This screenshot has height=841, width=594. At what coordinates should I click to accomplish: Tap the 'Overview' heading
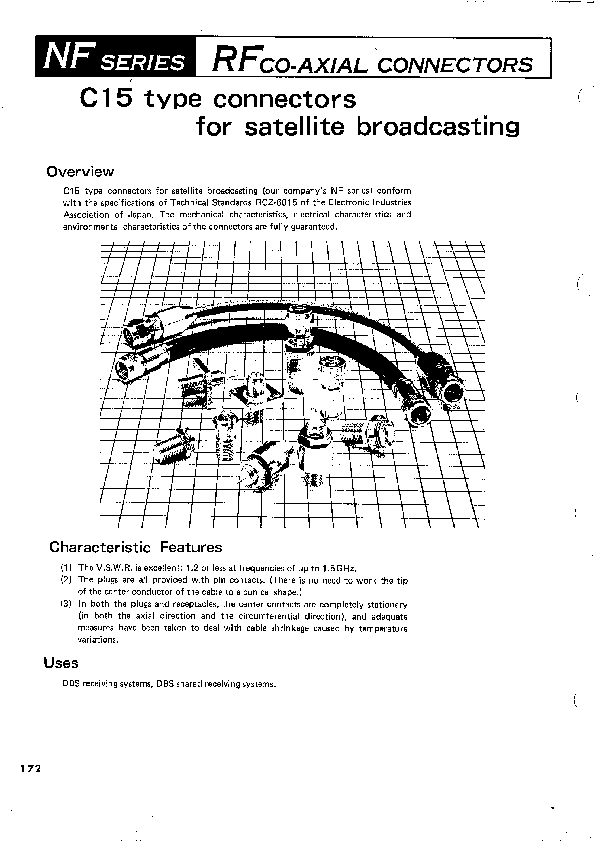point(80,171)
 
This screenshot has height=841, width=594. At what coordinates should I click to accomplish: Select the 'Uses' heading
point(61,663)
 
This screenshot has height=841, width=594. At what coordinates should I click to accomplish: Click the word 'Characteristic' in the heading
point(100,547)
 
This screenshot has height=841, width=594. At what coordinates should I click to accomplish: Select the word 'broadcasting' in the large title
point(437,127)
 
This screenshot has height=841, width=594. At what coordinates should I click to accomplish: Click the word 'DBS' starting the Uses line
point(71,684)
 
